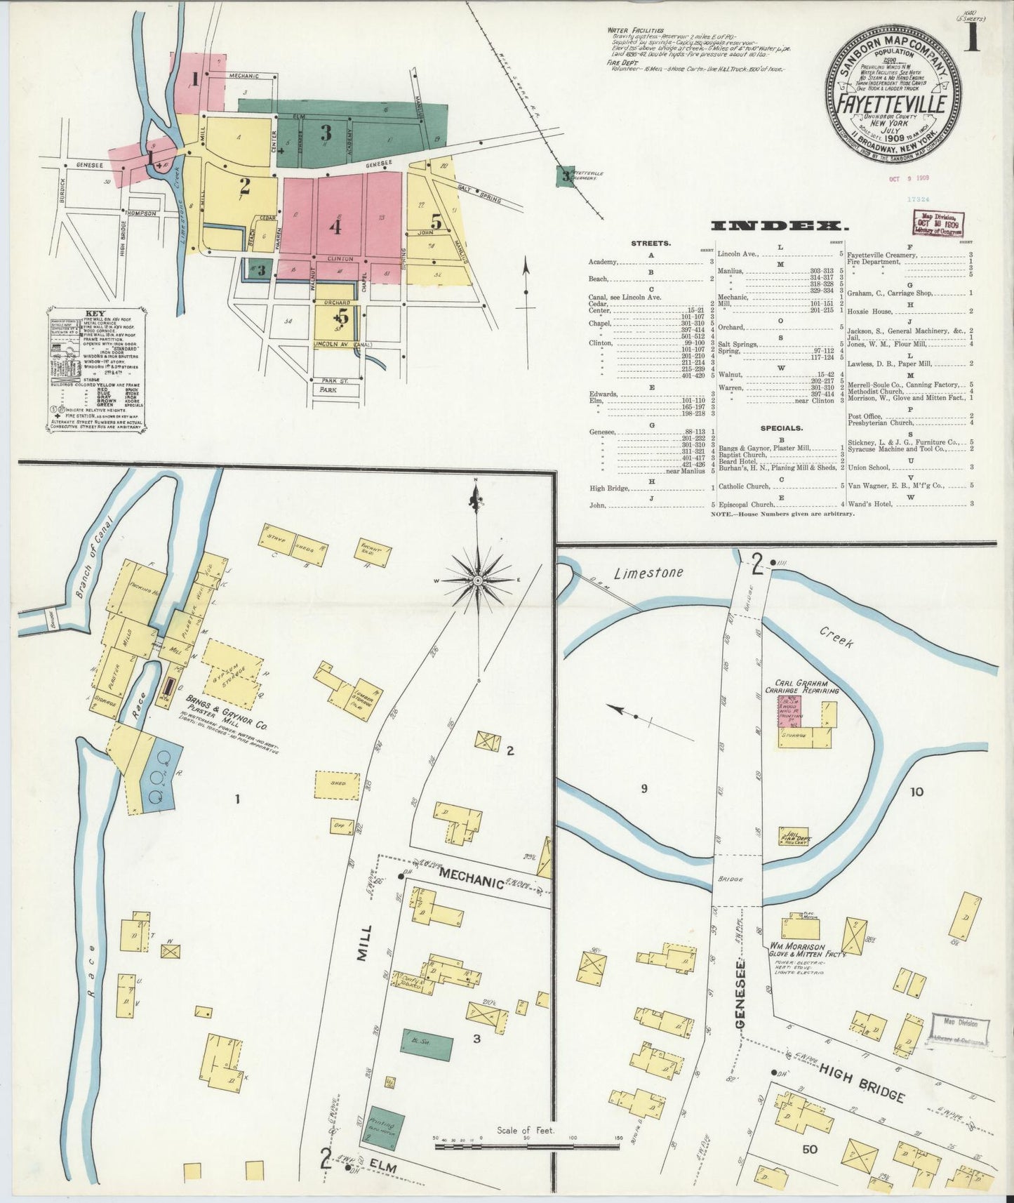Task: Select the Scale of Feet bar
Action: pyautogui.click(x=526, y=1146)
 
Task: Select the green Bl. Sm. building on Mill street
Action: pyautogui.click(x=427, y=1044)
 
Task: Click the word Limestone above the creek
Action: pyautogui.click(x=648, y=573)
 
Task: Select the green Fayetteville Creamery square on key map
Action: pyautogui.click(x=564, y=175)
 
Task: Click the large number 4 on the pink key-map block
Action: pyautogui.click(x=335, y=227)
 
